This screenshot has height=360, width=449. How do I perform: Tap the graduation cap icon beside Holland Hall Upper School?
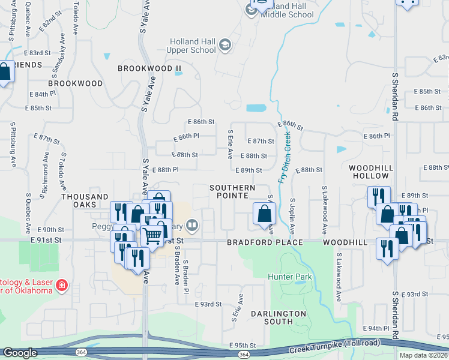(224, 45)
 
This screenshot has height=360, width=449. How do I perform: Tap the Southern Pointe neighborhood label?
(232, 192)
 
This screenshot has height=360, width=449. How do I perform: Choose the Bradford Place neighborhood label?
(265, 242)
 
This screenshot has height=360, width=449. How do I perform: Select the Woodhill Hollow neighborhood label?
(371, 172)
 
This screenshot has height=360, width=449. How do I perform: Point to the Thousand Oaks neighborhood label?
(85, 200)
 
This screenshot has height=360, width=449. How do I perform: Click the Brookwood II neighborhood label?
(149, 68)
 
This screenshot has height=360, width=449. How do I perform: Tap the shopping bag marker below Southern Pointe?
(264, 214)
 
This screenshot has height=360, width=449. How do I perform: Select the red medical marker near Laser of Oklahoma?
(61, 285)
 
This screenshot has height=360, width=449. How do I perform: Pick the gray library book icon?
(192, 226)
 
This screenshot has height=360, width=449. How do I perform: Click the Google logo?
(20, 353)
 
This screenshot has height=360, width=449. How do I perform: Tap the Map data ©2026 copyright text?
(424, 355)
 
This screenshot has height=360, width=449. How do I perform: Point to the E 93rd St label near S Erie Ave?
(208, 304)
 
